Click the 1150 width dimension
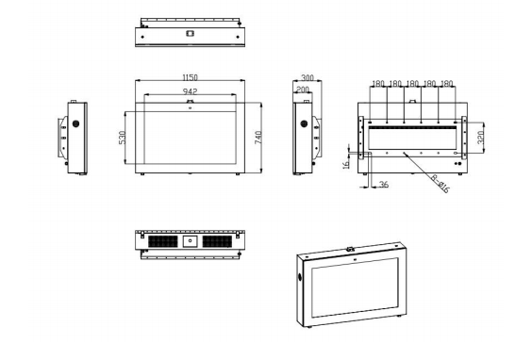(190, 77)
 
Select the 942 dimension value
(190, 91)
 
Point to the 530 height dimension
(122, 138)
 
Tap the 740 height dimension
(258, 138)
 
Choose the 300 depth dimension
(308, 77)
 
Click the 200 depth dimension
(303, 90)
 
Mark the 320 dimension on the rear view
(480, 138)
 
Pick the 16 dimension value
(346, 165)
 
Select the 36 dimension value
(384, 185)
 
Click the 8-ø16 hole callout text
(441, 184)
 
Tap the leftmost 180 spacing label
(378, 83)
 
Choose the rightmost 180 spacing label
(446, 83)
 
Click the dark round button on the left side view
(75, 123)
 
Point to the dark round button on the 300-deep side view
(304, 123)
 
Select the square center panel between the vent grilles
(190, 241)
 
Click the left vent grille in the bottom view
(163, 241)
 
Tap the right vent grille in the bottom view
(217, 241)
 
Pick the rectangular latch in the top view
(190, 33)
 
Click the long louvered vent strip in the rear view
(412, 128)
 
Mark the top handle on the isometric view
(350, 249)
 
